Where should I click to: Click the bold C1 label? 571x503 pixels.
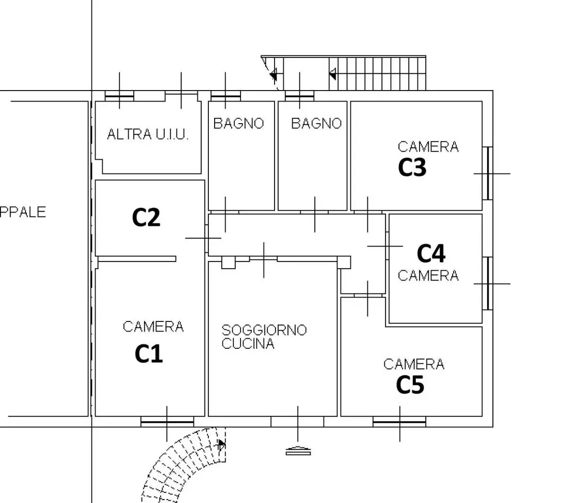(148, 354)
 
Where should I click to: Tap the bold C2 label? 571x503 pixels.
(146, 217)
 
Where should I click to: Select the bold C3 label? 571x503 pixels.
(412, 168)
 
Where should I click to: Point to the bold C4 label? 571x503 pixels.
(431, 253)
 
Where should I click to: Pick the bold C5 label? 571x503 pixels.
(410, 385)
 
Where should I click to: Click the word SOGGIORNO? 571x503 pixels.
(264, 330)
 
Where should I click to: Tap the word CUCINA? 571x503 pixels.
(248, 343)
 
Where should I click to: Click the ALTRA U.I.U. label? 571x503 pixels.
(148, 135)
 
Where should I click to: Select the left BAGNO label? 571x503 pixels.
(239, 124)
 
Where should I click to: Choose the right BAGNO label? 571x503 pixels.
(316, 124)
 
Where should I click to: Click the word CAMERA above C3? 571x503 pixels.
(428, 147)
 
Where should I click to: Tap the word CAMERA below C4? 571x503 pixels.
(428, 275)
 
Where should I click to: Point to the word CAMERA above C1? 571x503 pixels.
(153, 327)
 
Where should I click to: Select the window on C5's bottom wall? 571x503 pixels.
(399, 422)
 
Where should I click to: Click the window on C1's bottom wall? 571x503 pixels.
(167, 422)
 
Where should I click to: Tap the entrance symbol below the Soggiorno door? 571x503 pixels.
(298, 450)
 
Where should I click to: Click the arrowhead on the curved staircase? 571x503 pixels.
(221, 445)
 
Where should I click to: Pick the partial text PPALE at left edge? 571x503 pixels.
(23, 212)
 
